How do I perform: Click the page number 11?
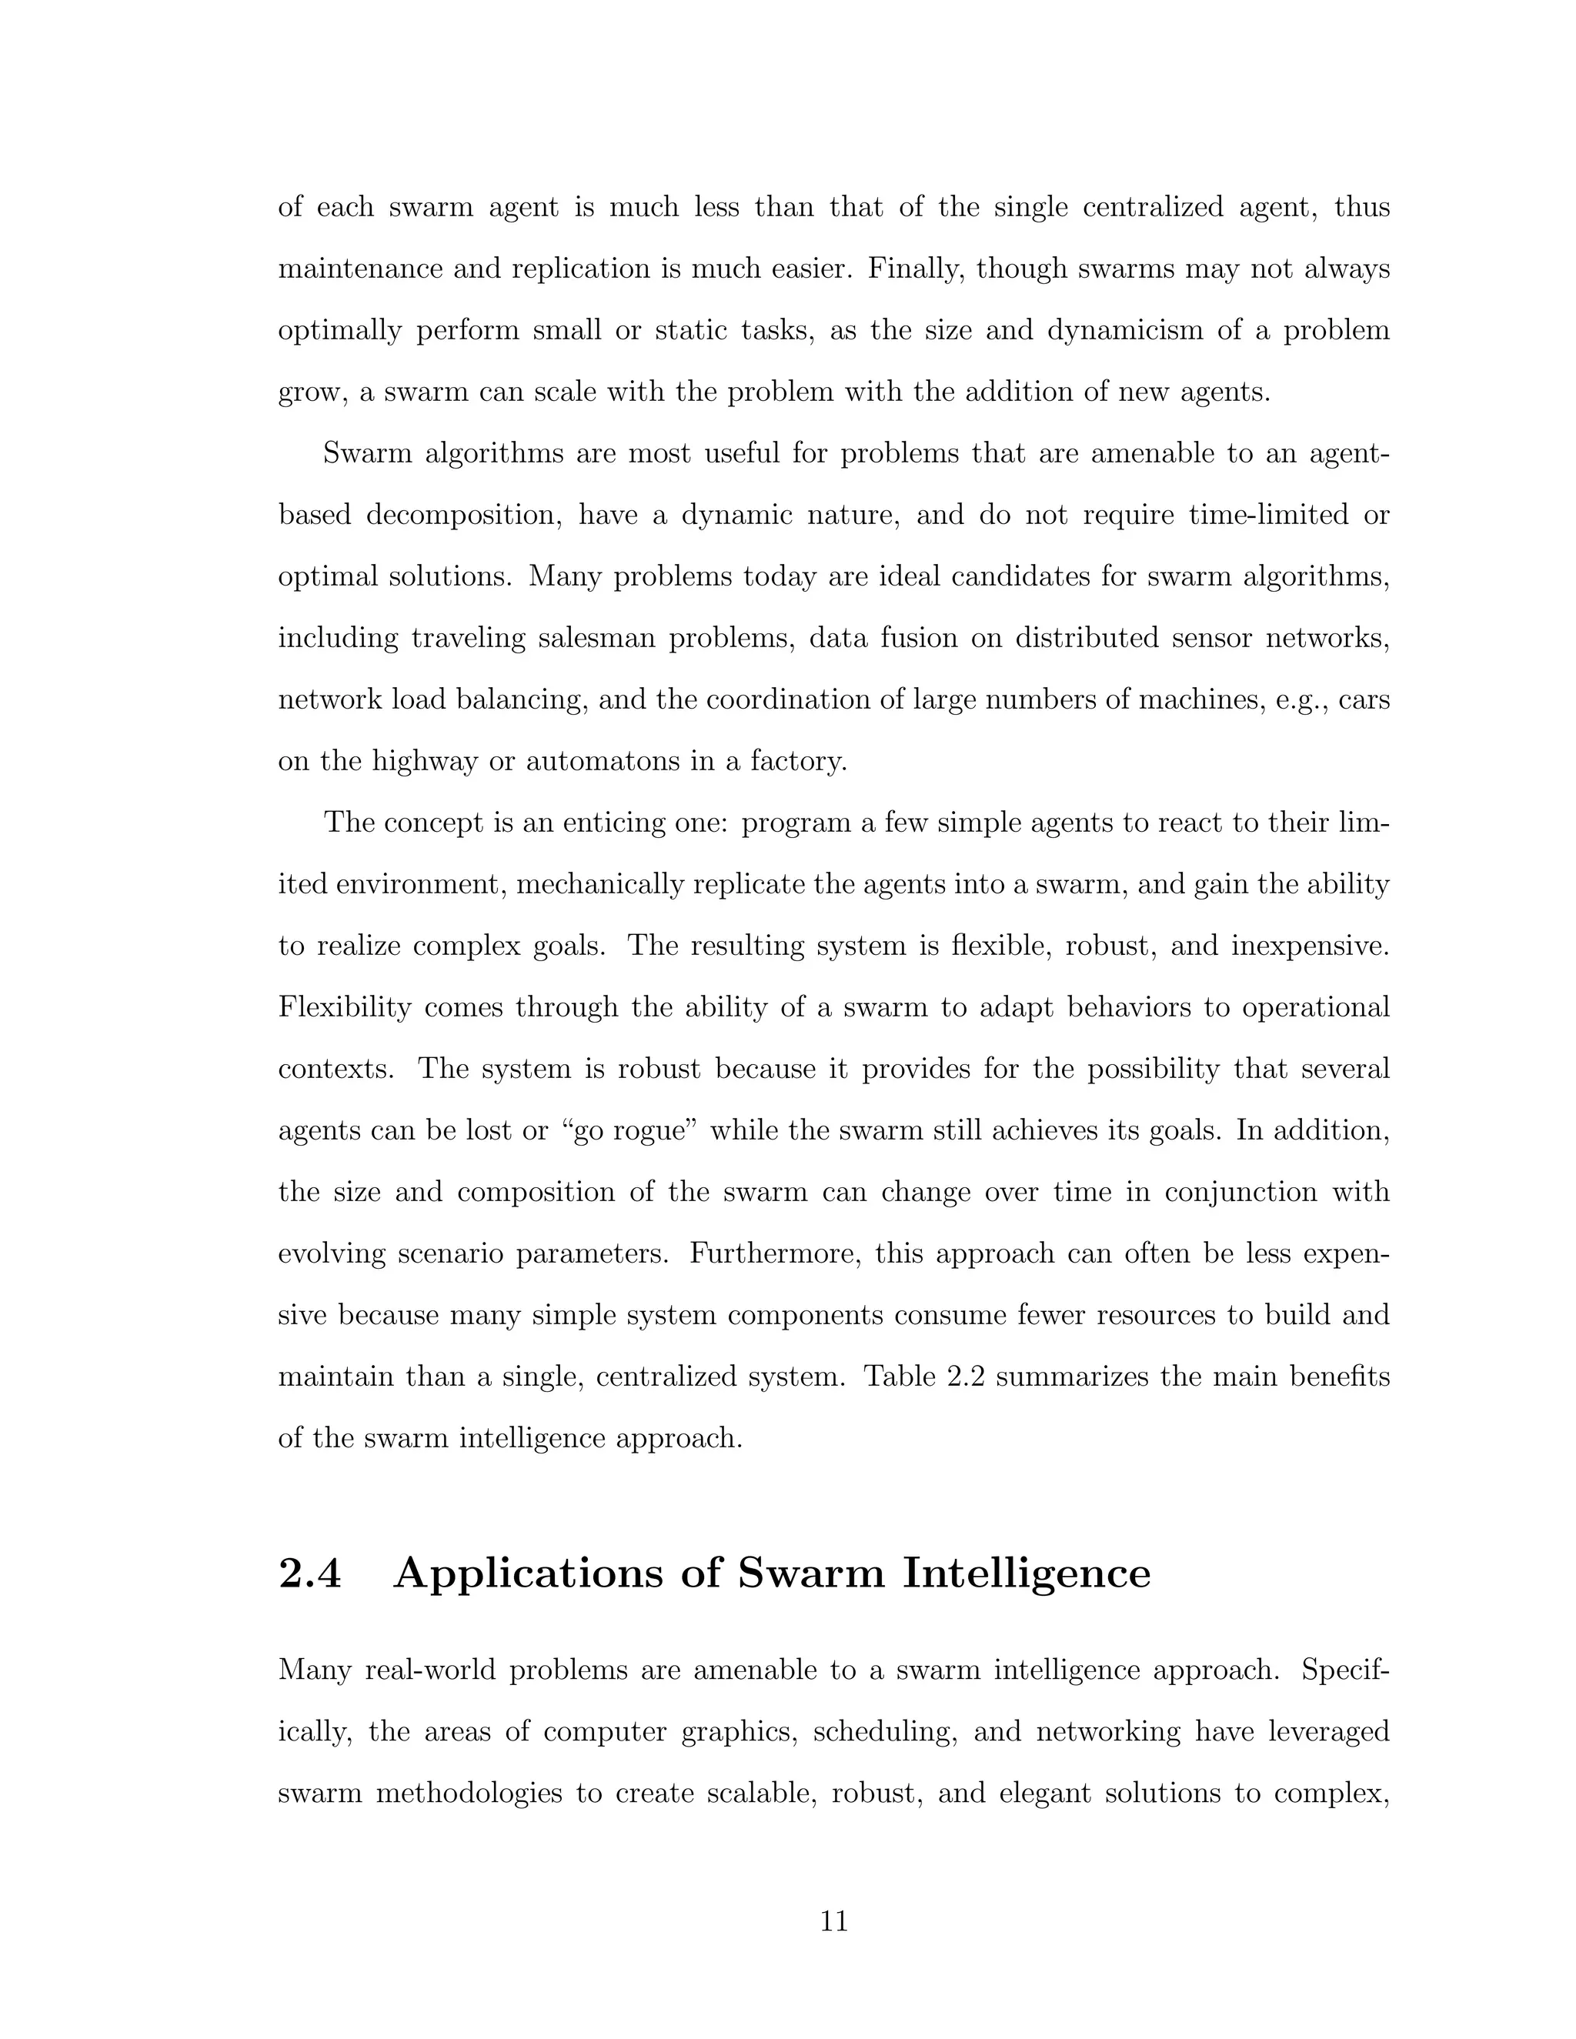[x=833, y=1921]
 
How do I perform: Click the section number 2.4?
[x=310, y=1573]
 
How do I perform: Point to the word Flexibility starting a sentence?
[x=345, y=1007]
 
